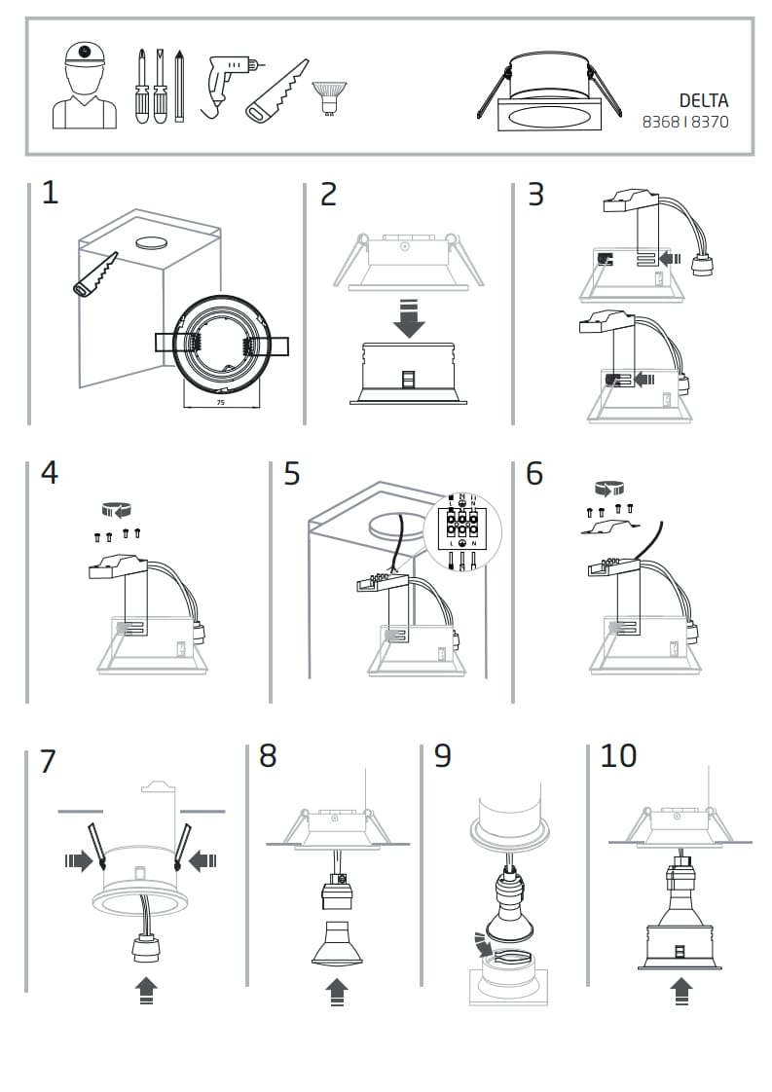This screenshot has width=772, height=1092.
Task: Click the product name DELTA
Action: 704,101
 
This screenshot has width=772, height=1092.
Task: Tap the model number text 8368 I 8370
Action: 685,123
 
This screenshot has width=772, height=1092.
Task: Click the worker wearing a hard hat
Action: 85,86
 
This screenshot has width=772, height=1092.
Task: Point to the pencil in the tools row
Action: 179,87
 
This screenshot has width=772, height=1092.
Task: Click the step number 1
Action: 50,193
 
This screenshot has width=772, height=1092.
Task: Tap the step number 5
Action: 292,474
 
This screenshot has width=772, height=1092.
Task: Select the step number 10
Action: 618,755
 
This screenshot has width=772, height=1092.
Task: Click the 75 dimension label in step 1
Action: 220,401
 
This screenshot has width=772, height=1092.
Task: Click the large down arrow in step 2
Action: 409,319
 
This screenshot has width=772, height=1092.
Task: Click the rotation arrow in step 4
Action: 117,509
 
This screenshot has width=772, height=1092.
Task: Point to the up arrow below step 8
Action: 337,991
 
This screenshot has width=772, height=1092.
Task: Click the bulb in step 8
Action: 336,942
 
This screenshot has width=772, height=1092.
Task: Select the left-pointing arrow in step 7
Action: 204,859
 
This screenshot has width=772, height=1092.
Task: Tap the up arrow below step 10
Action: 681,991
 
